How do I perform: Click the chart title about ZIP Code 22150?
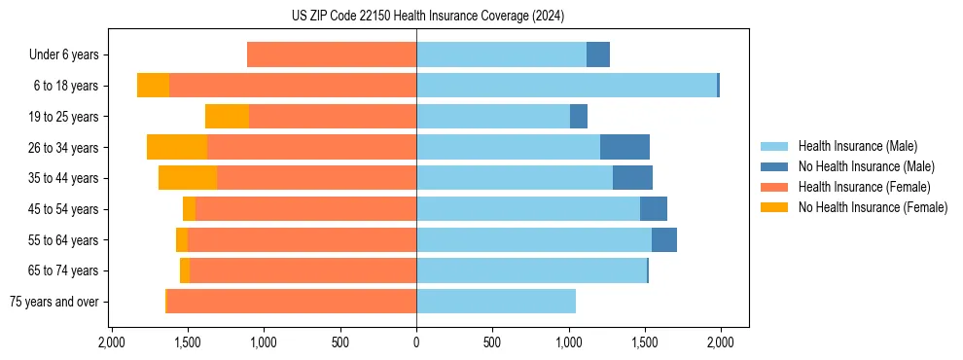(x=427, y=16)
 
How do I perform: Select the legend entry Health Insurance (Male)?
(x=857, y=146)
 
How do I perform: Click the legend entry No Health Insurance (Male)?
(x=866, y=166)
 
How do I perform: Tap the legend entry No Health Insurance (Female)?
(x=873, y=207)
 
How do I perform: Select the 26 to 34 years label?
(x=64, y=148)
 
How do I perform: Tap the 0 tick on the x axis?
(x=416, y=342)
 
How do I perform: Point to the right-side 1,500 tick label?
(x=644, y=342)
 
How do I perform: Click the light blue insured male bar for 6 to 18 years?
(x=566, y=86)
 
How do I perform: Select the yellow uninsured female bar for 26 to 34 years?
(x=177, y=147)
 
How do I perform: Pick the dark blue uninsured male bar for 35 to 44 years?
(x=632, y=178)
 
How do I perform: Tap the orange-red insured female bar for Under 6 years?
(x=332, y=54)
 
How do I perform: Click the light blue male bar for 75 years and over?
(x=496, y=302)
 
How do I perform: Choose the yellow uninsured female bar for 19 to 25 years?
(x=227, y=117)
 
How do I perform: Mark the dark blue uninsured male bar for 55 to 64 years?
(x=664, y=239)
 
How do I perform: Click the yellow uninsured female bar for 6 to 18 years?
(x=153, y=86)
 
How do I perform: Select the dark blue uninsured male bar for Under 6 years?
(x=598, y=54)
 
